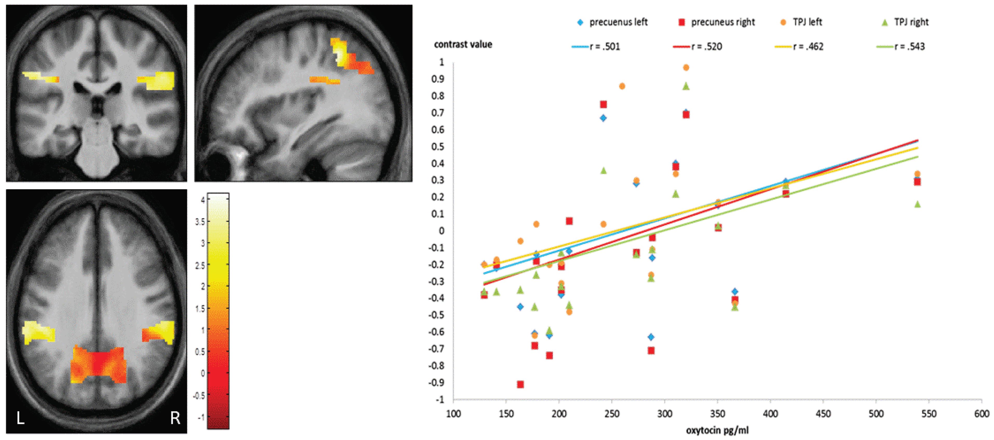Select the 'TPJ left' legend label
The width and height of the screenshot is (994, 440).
click(x=807, y=22)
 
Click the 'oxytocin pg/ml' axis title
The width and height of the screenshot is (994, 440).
click(x=717, y=430)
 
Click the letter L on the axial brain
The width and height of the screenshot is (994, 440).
click(x=20, y=418)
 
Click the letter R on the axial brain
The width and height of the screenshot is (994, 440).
click(x=175, y=418)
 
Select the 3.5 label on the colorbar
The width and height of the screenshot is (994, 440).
click(x=200, y=221)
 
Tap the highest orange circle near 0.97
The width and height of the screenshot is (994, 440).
click(x=686, y=68)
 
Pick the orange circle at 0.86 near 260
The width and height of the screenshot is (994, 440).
click(x=622, y=86)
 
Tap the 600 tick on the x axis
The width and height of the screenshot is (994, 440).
click(x=981, y=414)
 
